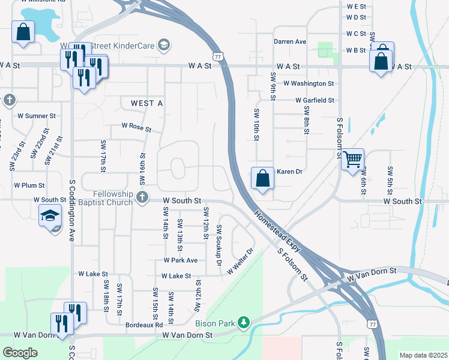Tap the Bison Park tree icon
[243, 323]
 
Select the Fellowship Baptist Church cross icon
[142, 197]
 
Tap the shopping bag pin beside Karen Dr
[262, 178]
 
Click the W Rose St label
[136, 127]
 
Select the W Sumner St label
[36, 115]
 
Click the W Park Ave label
[181, 260]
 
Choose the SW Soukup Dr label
[219, 246]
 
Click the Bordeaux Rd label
[144, 325]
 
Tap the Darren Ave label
[290, 42]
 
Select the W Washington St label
[309, 83]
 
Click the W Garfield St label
[315, 101]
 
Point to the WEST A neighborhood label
[146, 104]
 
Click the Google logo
[20, 353]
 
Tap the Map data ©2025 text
[423, 355]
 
